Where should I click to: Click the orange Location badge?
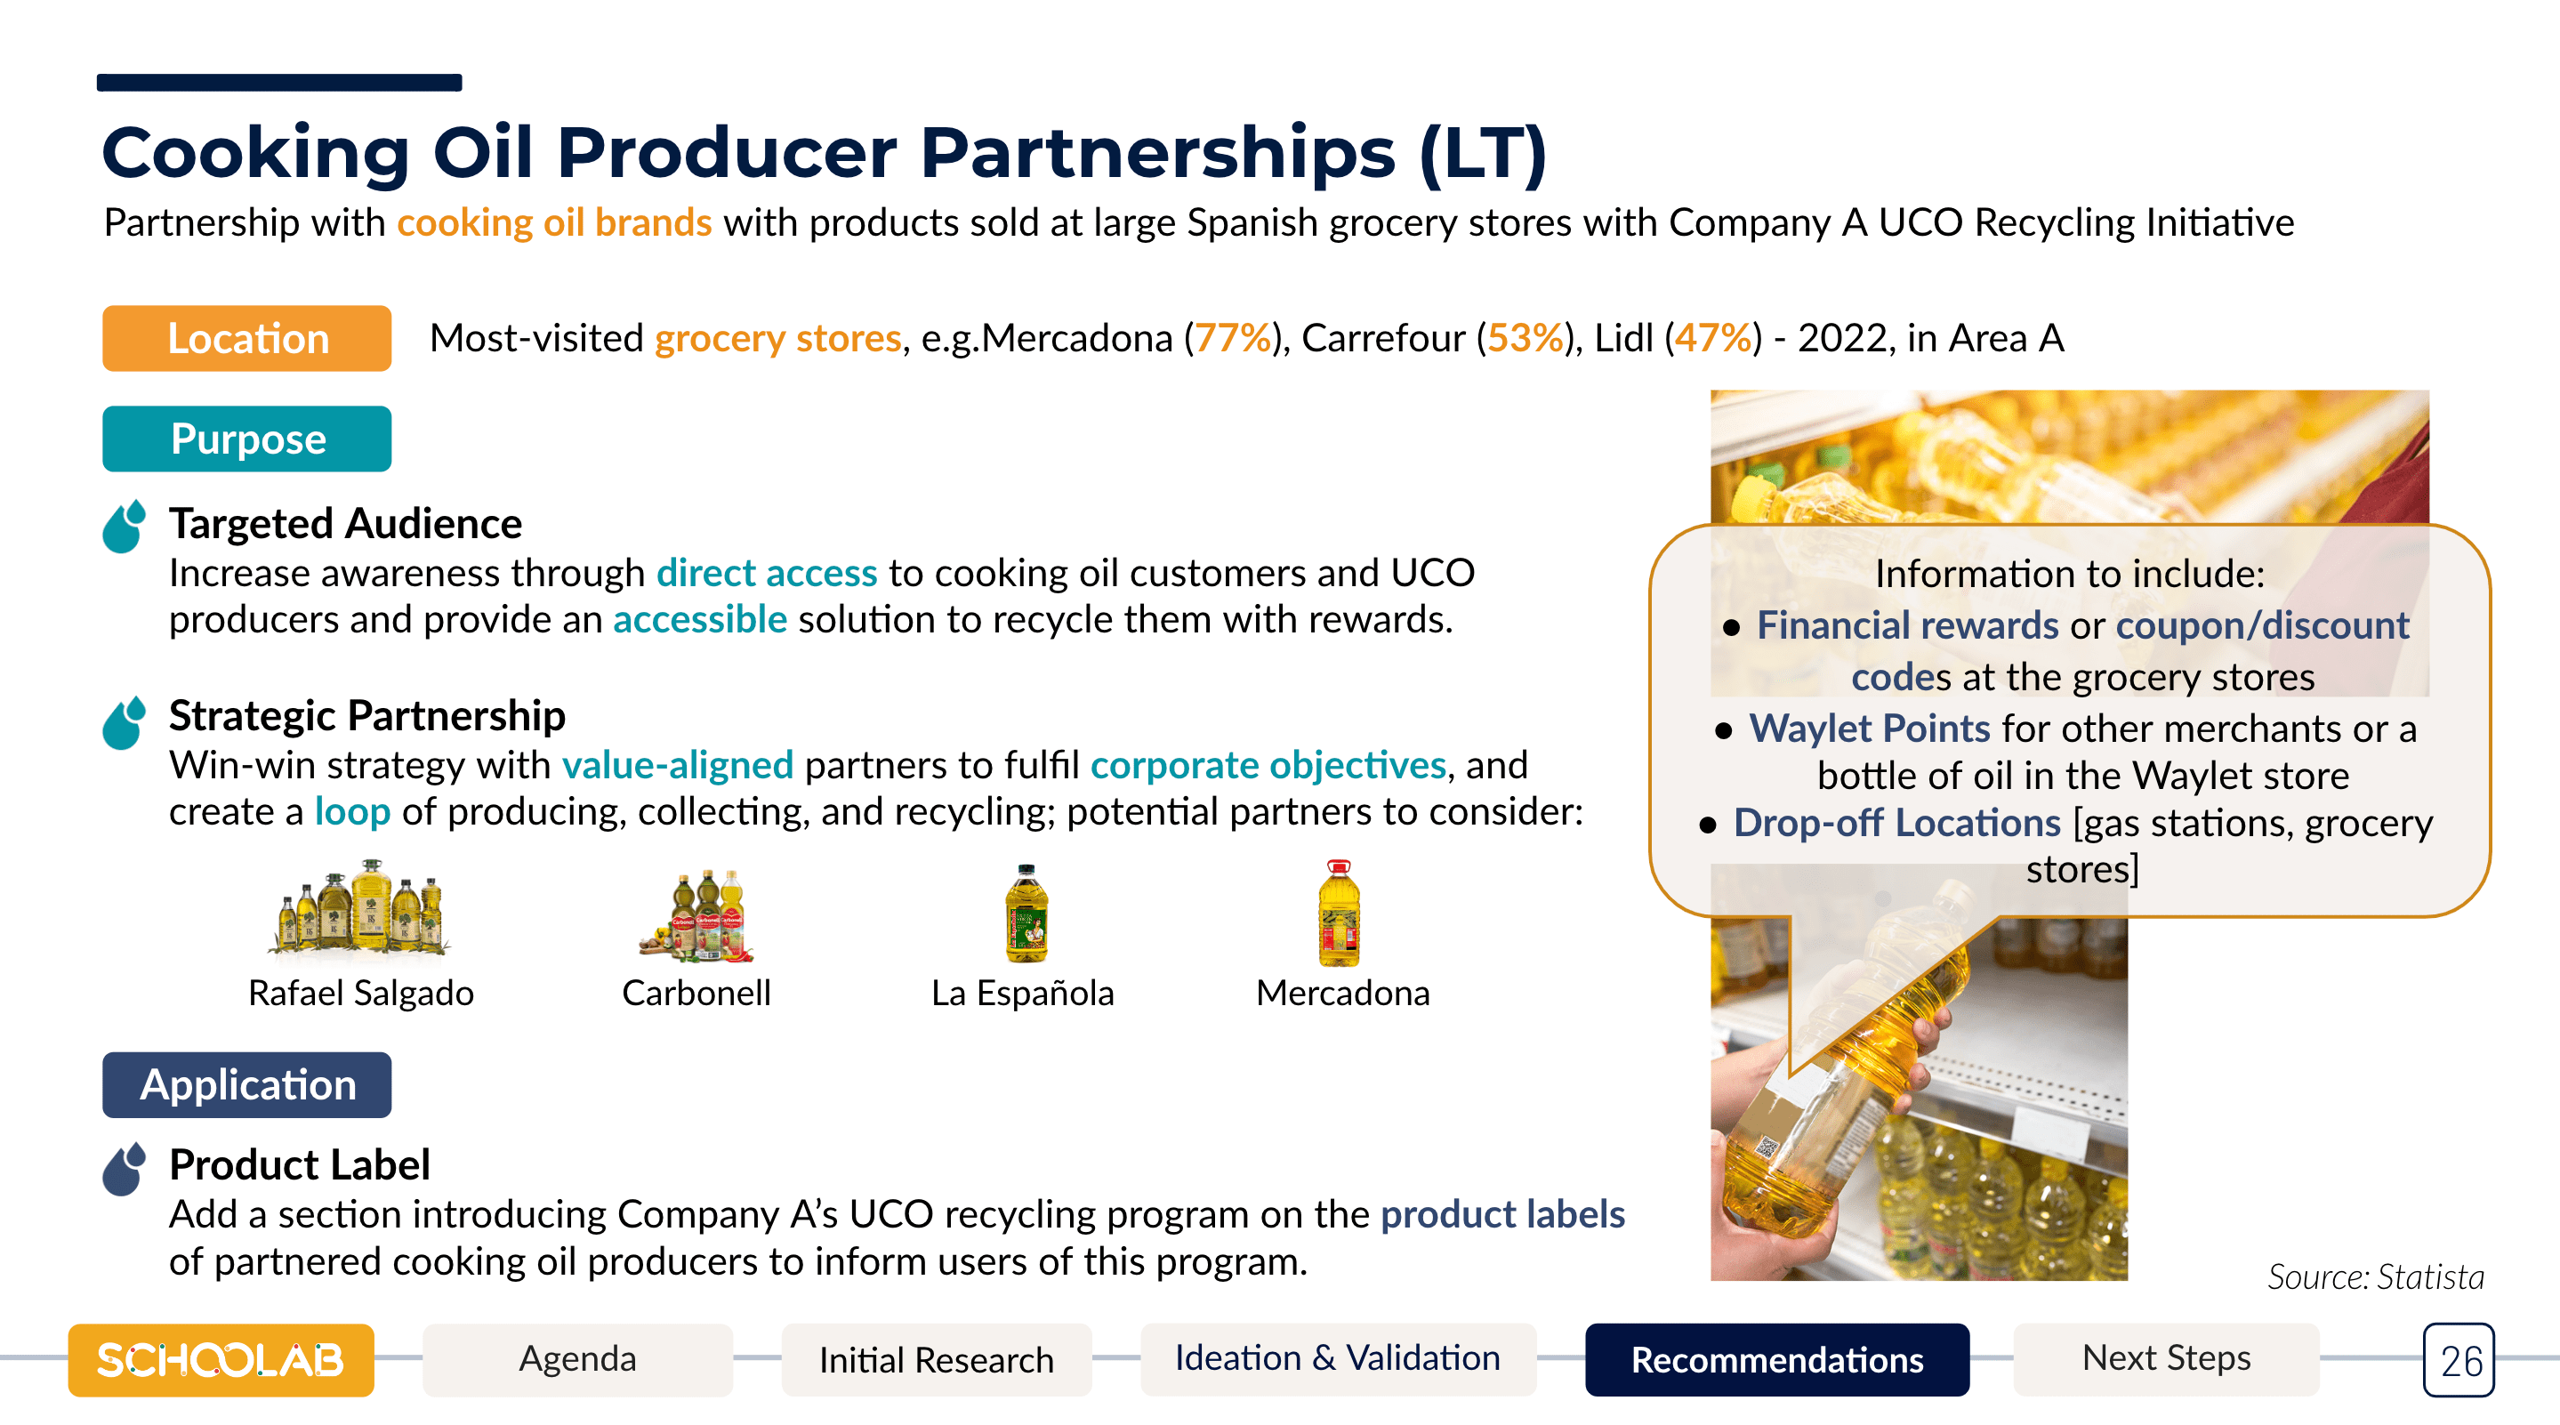coord(246,338)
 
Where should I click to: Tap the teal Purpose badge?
coord(246,439)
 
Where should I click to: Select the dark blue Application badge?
coord(246,1084)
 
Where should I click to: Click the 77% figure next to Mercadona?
coord(1232,338)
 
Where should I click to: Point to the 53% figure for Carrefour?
coord(1526,338)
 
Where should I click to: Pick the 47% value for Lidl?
coord(1713,338)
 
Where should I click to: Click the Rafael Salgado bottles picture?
coord(361,909)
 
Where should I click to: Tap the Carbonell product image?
coord(697,914)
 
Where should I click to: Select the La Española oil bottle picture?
coord(1026,913)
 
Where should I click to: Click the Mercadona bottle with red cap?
coord(1339,913)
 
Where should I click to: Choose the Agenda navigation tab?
coord(577,1358)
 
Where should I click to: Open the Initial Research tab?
coord(936,1358)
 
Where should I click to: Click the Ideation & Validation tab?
coord(1338,1358)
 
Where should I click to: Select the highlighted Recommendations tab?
coord(1777,1358)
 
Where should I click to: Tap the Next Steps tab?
coord(2167,1358)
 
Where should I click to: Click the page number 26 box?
coord(2459,1359)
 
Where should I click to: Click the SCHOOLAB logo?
coord(221,1359)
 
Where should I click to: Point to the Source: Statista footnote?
coord(2375,1277)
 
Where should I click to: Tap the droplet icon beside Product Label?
coord(125,1168)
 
